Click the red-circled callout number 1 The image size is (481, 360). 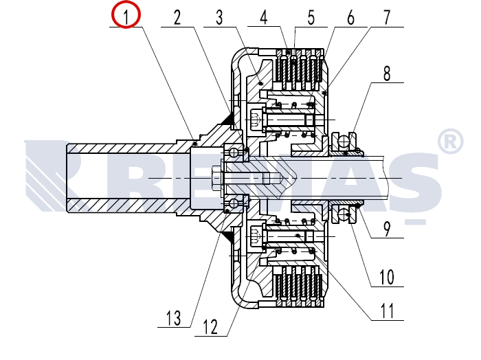(126, 16)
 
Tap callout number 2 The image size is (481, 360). (177, 17)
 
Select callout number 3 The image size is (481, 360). (219, 17)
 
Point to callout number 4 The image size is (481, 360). (263, 17)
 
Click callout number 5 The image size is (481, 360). (311, 17)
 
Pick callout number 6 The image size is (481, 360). (350, 17)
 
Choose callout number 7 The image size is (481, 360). (387, 17)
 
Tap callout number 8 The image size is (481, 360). (387, 74)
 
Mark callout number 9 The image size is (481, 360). (387, 229)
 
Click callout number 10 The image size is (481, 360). (387, 277)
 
